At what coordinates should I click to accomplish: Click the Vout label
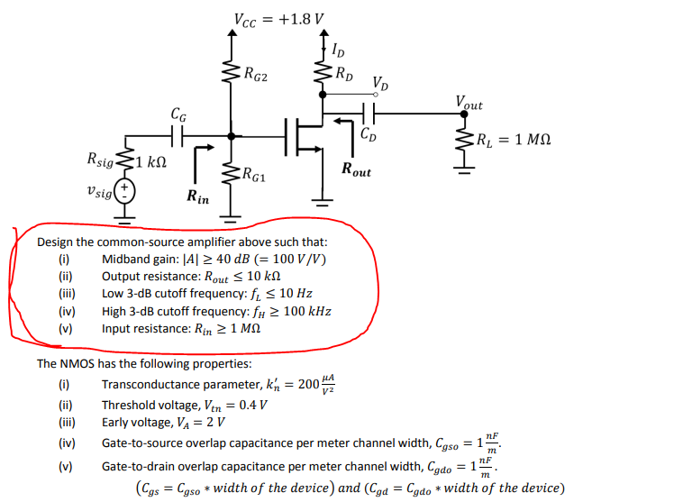coord(469,105)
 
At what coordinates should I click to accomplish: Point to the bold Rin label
coord(196,196)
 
